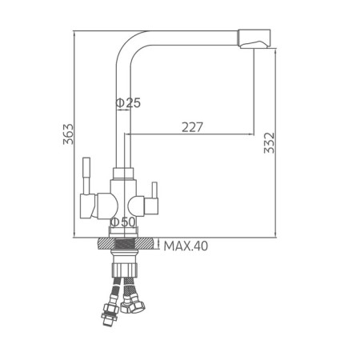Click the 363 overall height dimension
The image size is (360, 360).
pos(68,134)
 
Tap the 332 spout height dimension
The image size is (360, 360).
pos(269,143)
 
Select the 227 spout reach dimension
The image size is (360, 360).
pos(192,127)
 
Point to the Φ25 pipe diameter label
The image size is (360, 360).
pos(128,103)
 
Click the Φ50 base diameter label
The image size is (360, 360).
pos(123,222)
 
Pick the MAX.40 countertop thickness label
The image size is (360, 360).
pos(186,246)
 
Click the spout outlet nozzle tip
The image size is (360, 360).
pos(254,38)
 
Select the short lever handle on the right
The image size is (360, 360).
pos(154,190)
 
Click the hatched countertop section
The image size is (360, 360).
pos(126,244)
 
